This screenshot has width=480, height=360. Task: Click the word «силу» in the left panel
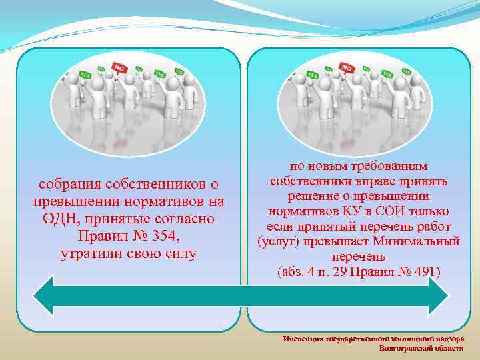pos(181,254)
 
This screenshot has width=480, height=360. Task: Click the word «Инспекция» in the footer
pos(303,339)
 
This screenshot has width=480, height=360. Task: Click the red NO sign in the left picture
pos(120,68)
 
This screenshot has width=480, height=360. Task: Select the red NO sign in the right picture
pos(347,68)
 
